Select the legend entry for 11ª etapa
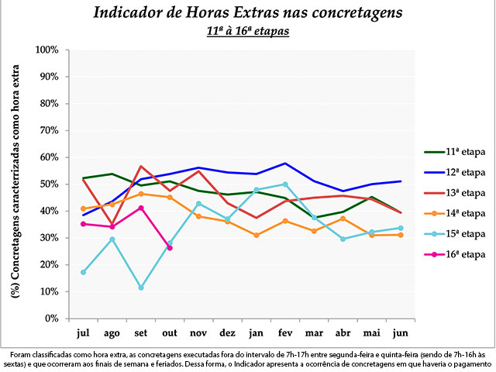coord(456,151)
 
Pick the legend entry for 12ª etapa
coord(456,171)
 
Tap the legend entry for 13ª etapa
coord(456,192)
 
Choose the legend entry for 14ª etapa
coord(456,212)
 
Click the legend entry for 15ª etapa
coord(456,233)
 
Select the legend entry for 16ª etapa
coord(456,254)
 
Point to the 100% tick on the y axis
coord(47,50)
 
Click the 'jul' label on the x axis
coord(83,332)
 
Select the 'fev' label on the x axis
coord(286,332)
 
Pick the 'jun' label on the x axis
coord(401,332)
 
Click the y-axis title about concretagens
coord(15,184)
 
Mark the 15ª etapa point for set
coord(141,288)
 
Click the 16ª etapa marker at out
coord(170,248)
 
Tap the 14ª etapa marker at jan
coord(257,236)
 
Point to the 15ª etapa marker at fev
coord(285,184)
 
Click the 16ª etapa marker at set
coord(141,208)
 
